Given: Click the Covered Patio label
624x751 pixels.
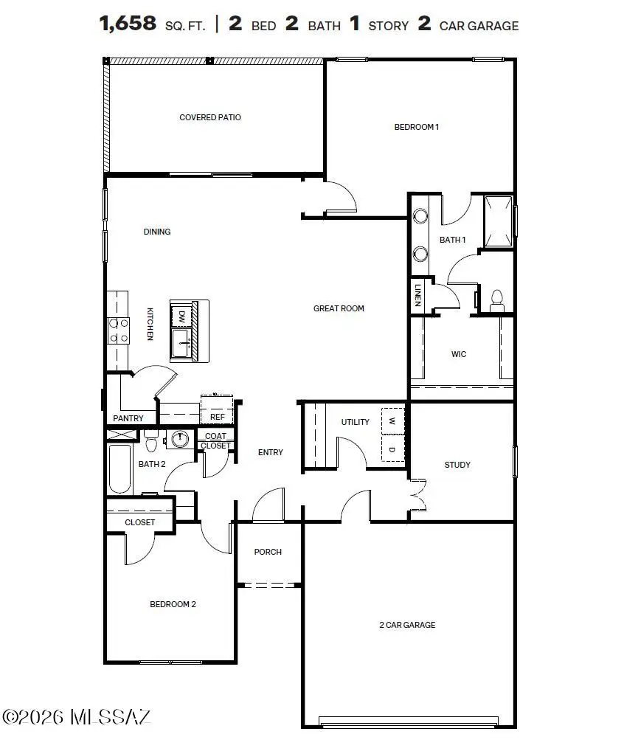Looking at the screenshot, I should (210, 117).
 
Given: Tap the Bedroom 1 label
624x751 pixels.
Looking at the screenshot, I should (417, 127).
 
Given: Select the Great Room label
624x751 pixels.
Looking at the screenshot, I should (339, 308).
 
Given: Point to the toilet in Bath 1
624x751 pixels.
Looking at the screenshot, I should (496, 298).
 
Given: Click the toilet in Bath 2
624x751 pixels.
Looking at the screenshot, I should (151, 443).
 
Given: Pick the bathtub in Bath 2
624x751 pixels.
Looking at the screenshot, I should (119, 469).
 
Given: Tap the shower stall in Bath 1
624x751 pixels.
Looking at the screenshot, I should (498, 221).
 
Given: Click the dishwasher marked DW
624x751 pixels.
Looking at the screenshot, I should (181, 316).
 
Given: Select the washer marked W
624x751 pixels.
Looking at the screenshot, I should (392, 422).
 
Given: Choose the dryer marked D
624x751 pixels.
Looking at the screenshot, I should (392, 449).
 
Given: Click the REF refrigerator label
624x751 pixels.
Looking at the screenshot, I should (217, 417).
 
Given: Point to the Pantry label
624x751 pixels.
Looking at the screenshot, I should (128, 418).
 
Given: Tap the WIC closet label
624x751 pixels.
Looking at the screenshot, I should (459, 354).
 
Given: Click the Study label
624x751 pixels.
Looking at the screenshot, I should (457, 465).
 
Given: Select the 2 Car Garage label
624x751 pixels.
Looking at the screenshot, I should (407, 625).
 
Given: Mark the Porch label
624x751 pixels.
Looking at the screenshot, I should (268, 552).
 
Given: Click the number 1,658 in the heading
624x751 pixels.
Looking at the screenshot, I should (128, 24).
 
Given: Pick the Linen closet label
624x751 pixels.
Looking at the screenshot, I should (417, 294).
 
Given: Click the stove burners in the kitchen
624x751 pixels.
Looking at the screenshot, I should (118, 330).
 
